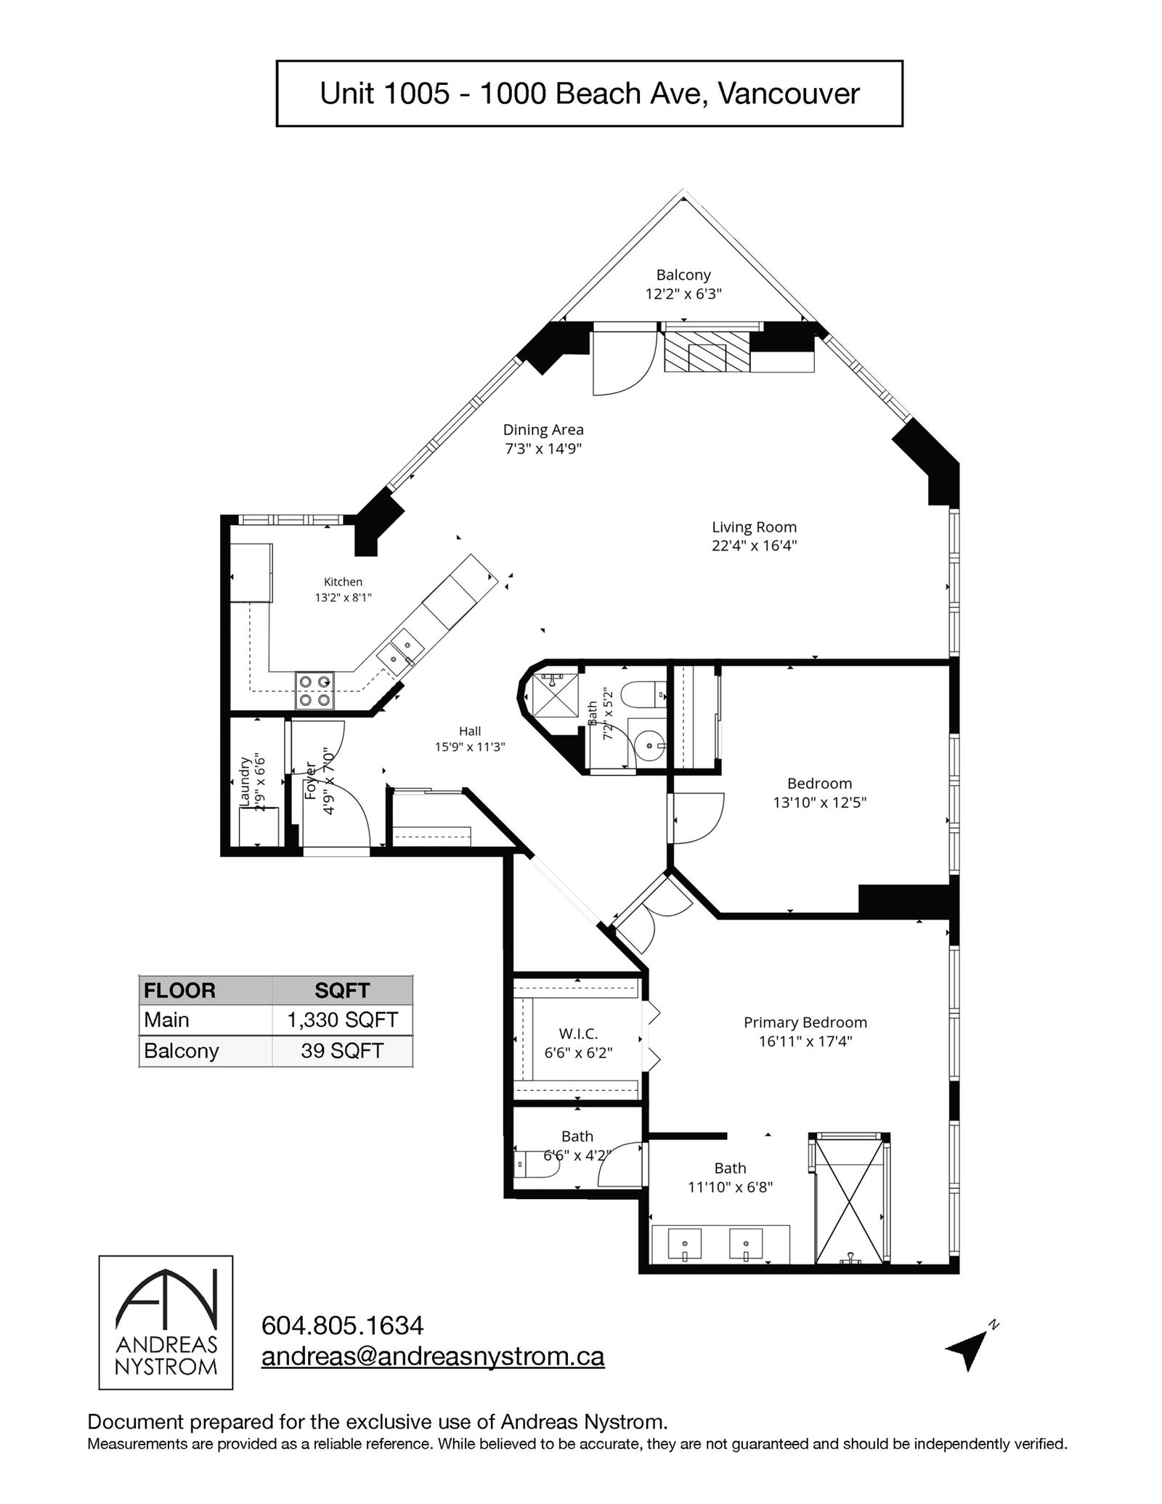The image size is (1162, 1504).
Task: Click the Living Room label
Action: coord(754,527)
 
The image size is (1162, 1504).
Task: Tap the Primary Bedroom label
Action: coord(805,1023)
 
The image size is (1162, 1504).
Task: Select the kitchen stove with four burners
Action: coord(314,691)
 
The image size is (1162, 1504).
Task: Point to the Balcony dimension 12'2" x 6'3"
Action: coord(683,294)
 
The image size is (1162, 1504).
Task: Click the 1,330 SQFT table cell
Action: coord(342,1020)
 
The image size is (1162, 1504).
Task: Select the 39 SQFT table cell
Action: coord(342,1051)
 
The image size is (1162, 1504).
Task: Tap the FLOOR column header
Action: coord(179,991)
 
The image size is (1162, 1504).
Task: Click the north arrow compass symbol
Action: coord(971,1349)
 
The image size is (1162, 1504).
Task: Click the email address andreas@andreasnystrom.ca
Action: coord(433,1357)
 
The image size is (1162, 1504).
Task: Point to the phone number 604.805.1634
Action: coord(342,1325)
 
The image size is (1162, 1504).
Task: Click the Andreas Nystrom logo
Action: coord(166,1322)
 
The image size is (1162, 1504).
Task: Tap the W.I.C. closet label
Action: coord(578,1033)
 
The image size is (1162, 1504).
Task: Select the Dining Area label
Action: coord(543,430)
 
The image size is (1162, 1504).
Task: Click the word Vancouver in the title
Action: coord(789,94)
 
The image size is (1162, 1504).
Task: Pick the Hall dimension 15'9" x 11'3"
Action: coord(470,747)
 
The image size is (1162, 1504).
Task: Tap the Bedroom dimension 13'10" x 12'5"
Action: coord(820,802)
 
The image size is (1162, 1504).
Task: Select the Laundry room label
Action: coord(245,781)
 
